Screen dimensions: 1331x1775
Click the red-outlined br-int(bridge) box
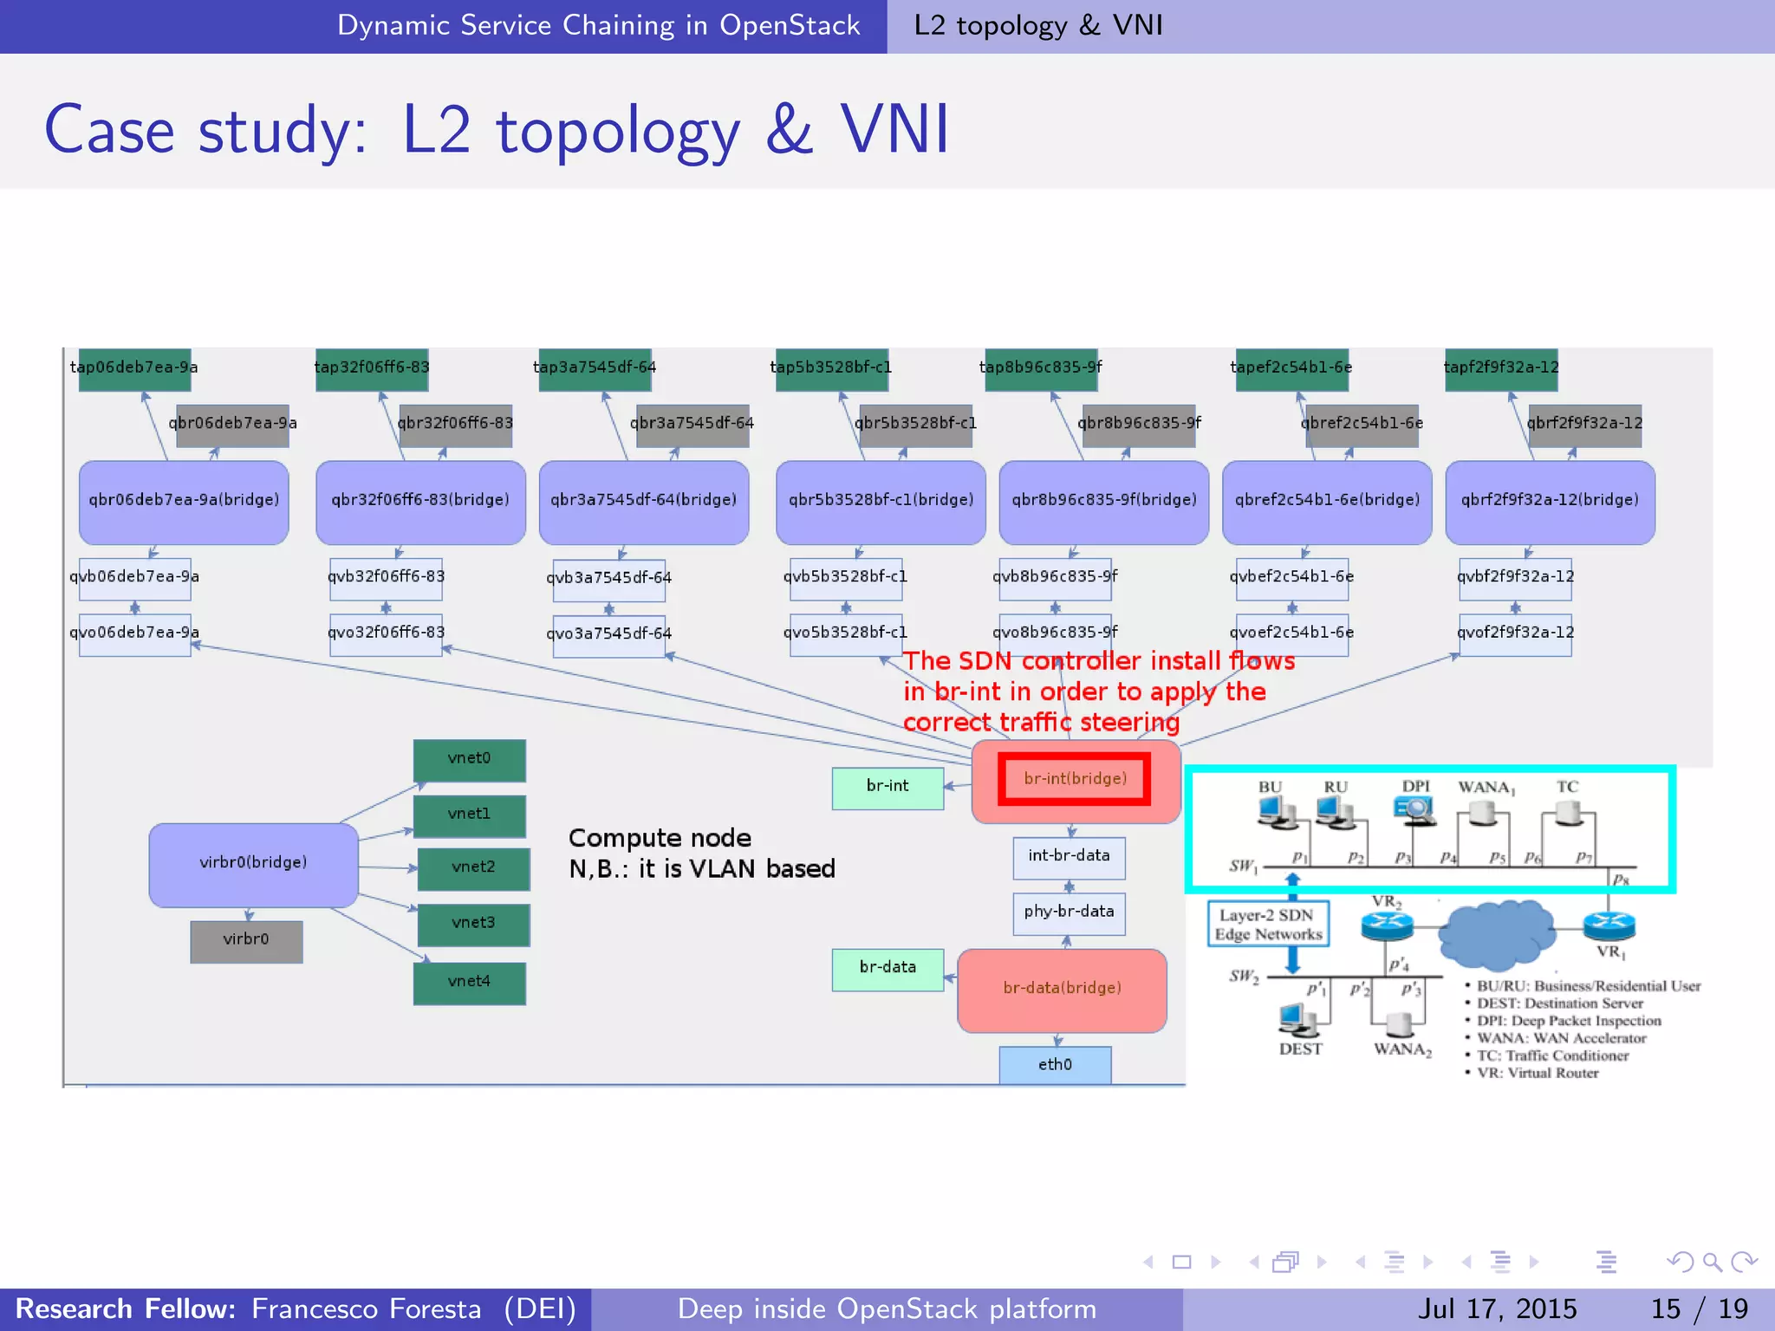(1075, 778)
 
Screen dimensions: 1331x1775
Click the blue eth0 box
(1055, 1065)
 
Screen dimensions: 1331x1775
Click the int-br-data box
(1069, 856)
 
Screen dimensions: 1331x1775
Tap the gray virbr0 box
(246, 940)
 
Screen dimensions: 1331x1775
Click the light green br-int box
(887, 787)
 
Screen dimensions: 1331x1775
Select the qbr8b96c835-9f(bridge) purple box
(1103, 501)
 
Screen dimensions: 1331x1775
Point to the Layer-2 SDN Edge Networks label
(1268, 925)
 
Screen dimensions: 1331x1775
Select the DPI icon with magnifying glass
(1414, 809)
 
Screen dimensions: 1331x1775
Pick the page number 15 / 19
(1700, 1308)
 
